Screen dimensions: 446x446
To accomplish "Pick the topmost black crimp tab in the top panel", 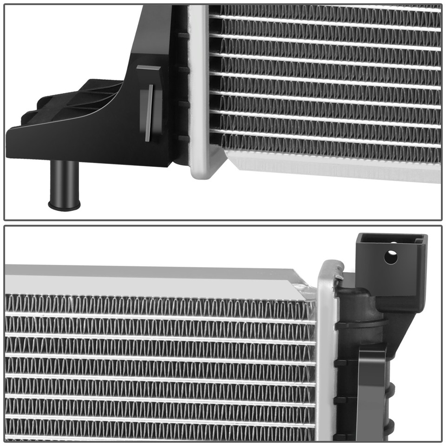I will coord(184,35).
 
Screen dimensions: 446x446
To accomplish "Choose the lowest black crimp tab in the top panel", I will coord(184,138).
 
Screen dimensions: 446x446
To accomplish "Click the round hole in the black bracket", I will coord(391,257).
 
